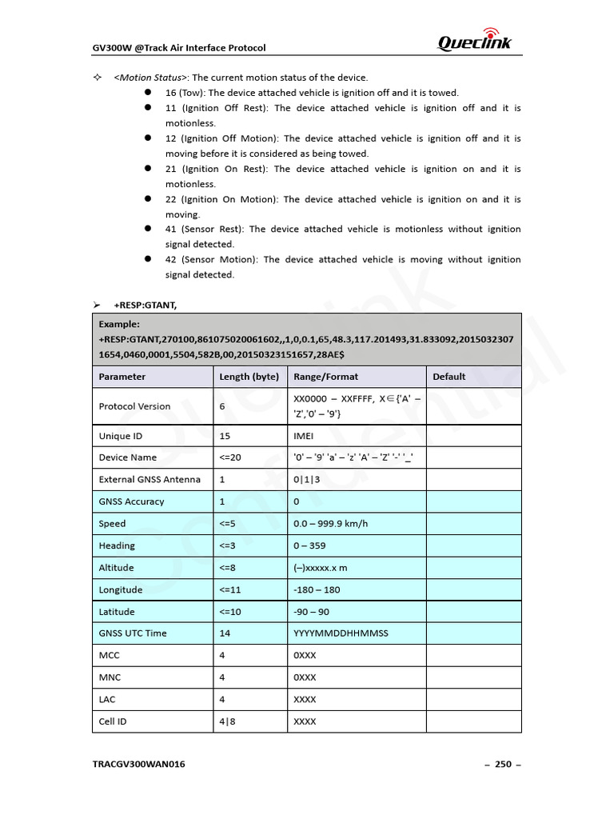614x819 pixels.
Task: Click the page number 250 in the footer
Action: coord(503,764)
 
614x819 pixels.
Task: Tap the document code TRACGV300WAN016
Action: coord(139,764)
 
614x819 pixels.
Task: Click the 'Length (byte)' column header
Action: coord(249,376)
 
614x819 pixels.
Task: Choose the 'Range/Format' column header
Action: coord(326,376)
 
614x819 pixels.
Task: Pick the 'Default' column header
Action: coord(449,376)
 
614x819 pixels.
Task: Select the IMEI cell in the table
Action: coord(305,436)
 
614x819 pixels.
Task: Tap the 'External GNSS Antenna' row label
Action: coord(150,480)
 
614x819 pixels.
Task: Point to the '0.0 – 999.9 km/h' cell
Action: coord(330,524)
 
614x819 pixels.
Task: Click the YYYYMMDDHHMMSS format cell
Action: coord(341,633)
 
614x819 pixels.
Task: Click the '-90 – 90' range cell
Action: coord(311,611)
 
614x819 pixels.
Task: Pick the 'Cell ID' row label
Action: coord(113,721)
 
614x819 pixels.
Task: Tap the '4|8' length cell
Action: coord(227,721)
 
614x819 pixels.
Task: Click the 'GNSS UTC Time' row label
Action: coord(133,633)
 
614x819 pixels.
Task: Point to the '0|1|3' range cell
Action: coord(307,480)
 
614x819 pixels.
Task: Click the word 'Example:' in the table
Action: coord(119,324)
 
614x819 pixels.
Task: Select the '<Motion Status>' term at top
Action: coord(150,78)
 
